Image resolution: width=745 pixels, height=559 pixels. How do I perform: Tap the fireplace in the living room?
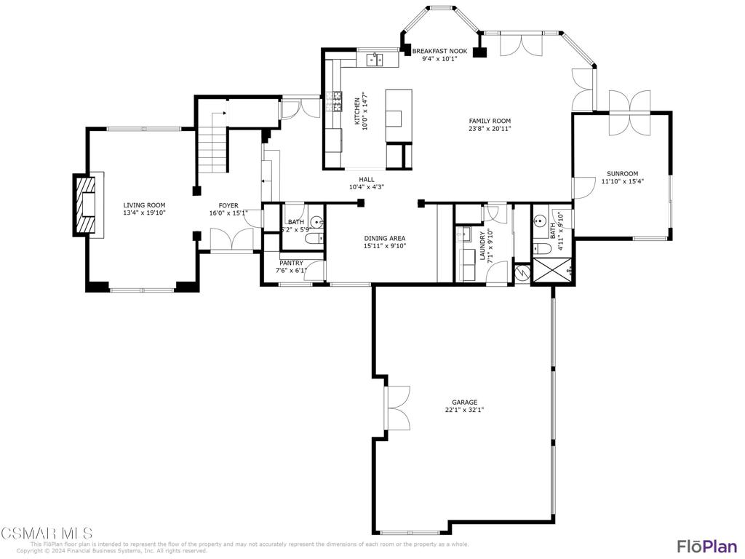point(87,205)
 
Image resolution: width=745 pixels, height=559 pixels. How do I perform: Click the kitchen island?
point(398,116)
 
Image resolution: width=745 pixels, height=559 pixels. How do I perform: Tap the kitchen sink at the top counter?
point(375,59)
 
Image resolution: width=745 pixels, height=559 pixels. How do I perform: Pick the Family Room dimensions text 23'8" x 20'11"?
point(490,129)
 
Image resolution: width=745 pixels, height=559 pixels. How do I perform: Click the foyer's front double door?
point(231,239)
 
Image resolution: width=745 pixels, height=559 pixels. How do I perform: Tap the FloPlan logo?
point(706,546)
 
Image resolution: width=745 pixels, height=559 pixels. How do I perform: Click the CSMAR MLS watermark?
point(47,534)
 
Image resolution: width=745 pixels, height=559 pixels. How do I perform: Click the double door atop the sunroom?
point(629,111)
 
